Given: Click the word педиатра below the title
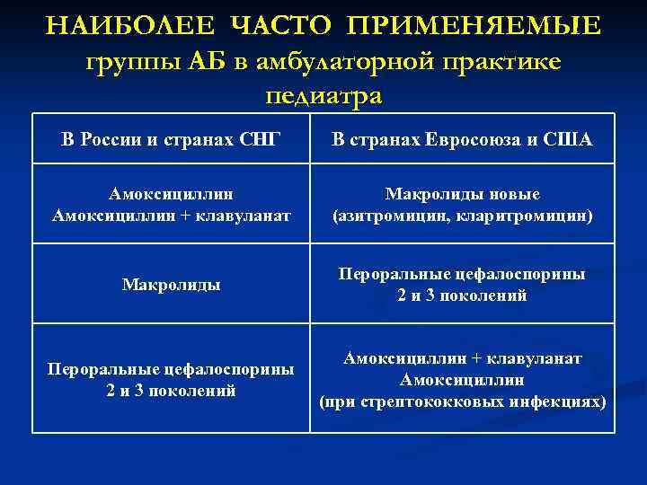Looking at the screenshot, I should click(324, 95).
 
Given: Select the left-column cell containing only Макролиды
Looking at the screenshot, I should click(171, 285).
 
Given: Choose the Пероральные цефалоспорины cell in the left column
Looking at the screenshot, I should click(171, 380).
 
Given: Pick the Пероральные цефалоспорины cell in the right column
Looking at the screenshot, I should click(462, 284).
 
